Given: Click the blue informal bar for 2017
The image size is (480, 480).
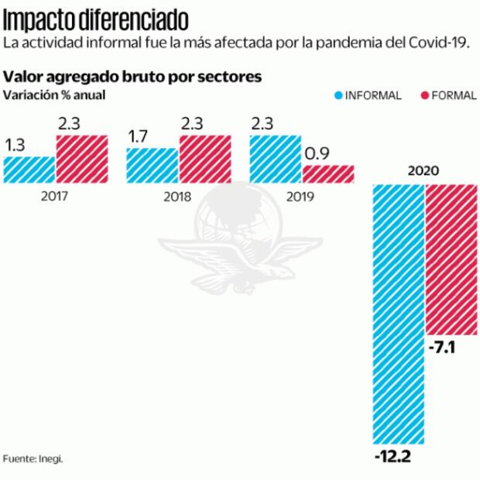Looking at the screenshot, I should pos(29,168).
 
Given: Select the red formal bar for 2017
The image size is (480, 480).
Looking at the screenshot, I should pos(81,158).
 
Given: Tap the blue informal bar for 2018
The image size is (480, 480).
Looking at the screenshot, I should pos(152,164).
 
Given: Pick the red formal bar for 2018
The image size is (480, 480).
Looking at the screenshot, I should pos(204,158).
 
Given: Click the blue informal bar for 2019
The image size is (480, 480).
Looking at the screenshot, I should pos(275,158).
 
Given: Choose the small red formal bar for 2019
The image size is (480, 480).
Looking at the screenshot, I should pos(328,173).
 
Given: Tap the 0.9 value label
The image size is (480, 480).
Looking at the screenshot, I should pos(317,154).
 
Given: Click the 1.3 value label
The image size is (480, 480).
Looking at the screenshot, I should pos(15,146).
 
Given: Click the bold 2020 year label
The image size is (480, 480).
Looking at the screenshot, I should pos(424,171).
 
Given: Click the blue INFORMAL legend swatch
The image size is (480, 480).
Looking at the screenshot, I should pos(338,96).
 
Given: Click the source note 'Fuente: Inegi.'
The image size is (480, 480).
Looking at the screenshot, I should pos(33,458).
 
